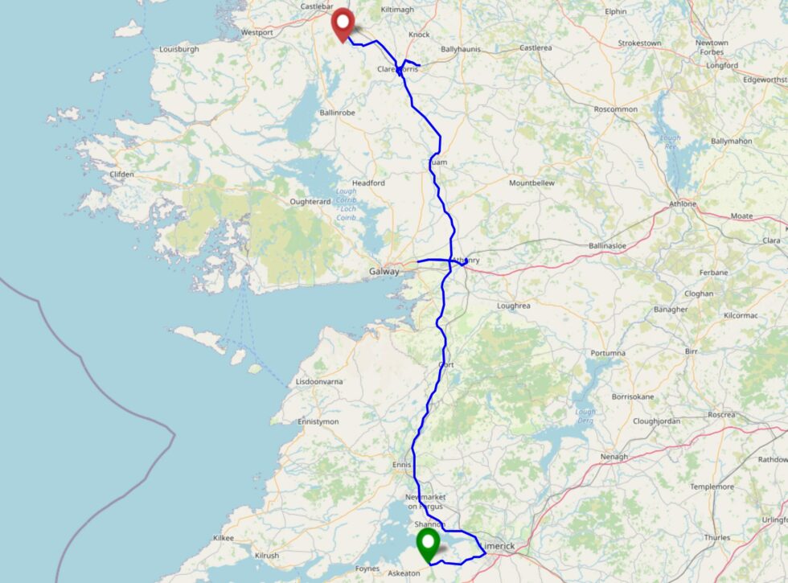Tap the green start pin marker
[427, 544]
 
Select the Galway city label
[384, 272]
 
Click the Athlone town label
[683, 204]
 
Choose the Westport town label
[257, 33]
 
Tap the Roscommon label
[614, 109]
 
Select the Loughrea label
[515, 306]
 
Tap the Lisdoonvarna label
[322, 381]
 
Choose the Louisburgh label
[179, 49]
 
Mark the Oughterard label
[310, 201]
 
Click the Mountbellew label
[531, 183]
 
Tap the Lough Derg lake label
[586, 417]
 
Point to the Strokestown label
[639, 43]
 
